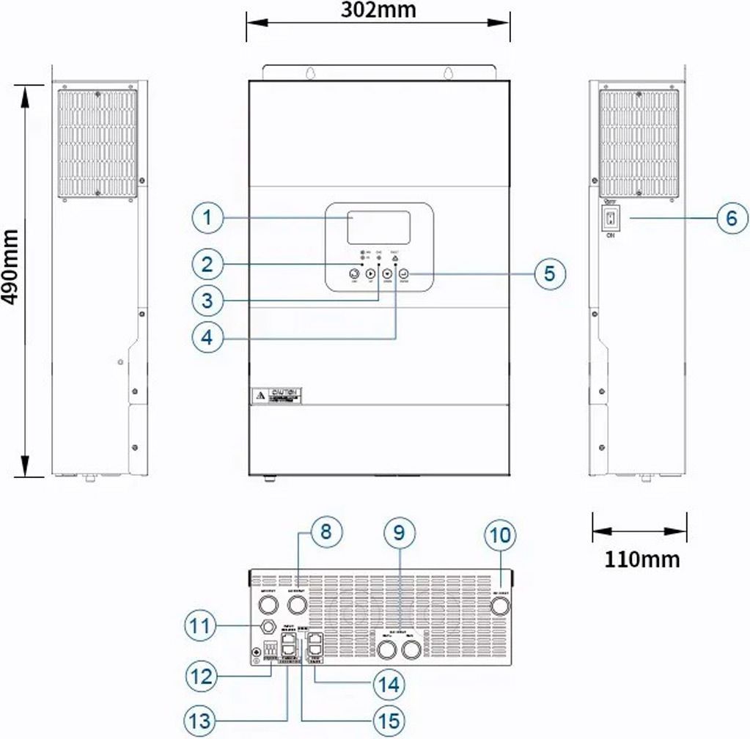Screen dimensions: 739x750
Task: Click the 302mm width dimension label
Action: tap(378, 10)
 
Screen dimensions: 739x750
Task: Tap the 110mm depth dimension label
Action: tap(641, 559)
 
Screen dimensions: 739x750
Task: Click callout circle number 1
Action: tap(208, 218)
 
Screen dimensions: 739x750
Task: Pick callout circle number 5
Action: tap(549, 273)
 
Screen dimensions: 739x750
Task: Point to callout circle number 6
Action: tap(731, 218)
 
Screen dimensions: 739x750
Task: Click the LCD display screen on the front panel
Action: tap(378, 227)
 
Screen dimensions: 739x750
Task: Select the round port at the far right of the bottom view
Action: tap(500, 606)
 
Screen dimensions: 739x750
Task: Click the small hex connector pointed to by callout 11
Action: tap(268, 626)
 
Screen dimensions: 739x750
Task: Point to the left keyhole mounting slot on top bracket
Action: tap(311, 73)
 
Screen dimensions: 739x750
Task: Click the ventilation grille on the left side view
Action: tap(98, 144)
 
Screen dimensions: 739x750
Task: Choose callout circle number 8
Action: tap(324, 533)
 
